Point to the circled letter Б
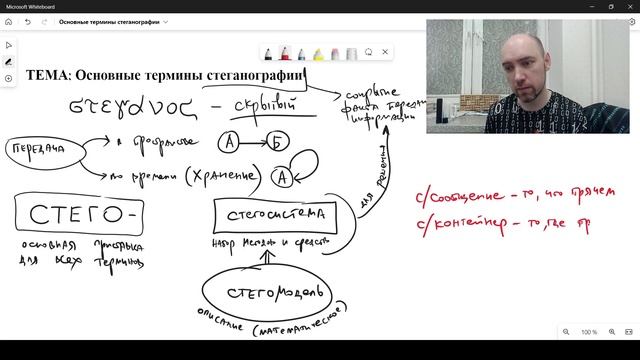click(279, 143)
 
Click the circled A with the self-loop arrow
click(282, 177)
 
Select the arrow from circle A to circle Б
click(254, 144)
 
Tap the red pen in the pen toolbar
click(286, 52)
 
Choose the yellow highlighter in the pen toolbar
click(319, 52)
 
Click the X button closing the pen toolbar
click(386, 52)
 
